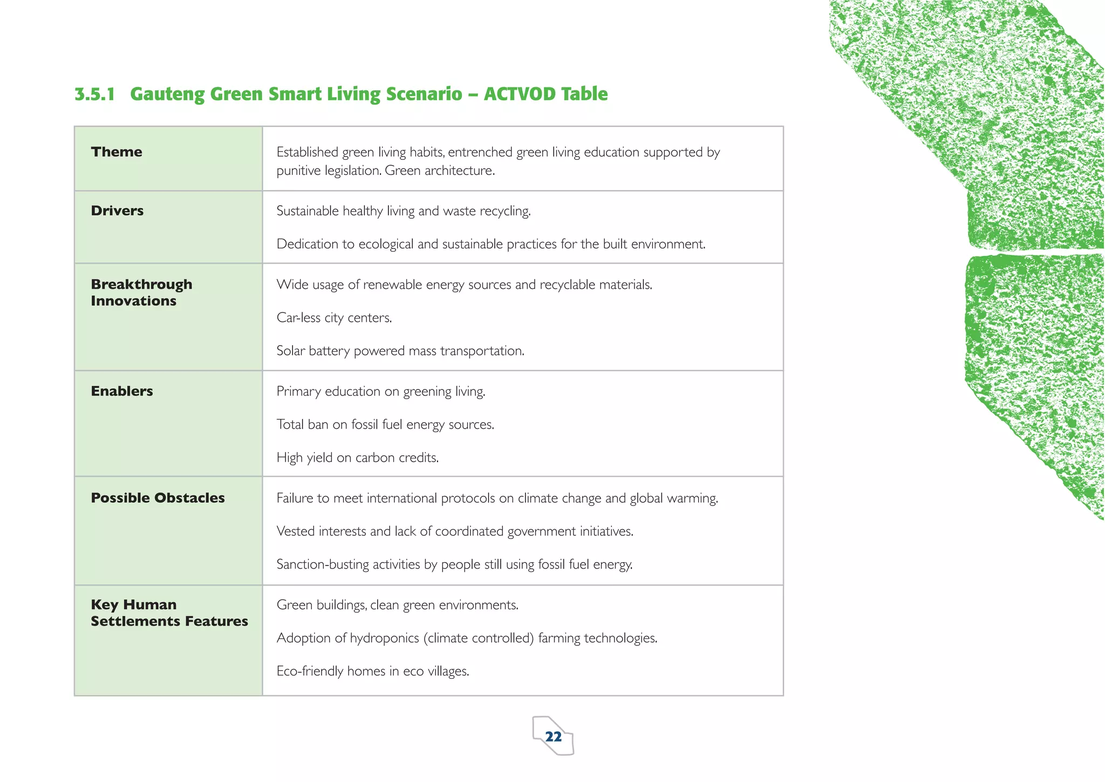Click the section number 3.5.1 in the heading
(95, 94)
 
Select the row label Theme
(117, 152)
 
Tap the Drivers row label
(117, 211)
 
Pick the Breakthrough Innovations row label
(141, 292)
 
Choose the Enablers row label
(122, 391)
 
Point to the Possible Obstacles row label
(158, 498)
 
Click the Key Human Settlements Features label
(169, 612)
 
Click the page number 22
(553, 737)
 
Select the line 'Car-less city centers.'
(334, 318)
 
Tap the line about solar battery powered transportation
(400, 351)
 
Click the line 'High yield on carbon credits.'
(357, 458)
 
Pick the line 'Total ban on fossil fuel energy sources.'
(385, 424)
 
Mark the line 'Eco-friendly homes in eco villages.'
(372, 671)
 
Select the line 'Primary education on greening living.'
(381, 392)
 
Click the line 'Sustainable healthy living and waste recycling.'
(404, 211)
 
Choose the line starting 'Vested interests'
(454, 531)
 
